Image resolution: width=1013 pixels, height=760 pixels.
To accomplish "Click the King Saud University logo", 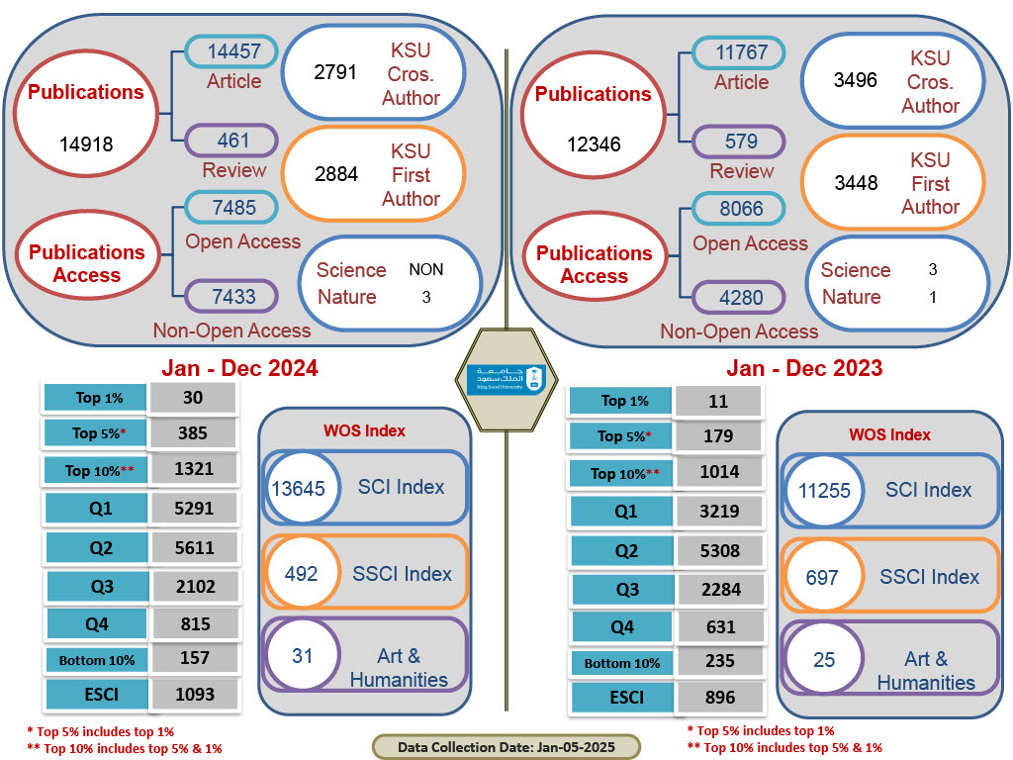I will click(x=506, y=378).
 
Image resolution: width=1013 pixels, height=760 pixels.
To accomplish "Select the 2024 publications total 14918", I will click(x=85, y=144).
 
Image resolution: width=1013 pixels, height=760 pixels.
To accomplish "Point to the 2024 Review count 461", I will click(x=232, y=141).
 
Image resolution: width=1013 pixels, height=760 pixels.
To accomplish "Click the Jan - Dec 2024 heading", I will click(x=239, y=368).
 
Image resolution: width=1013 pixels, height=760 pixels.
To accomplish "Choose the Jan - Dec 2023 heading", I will click(x=804, y=368).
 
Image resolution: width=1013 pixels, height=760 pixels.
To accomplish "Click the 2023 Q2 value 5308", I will click(x=720, y=550).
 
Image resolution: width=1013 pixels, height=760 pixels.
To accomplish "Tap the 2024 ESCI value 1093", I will click(x=194, y=694).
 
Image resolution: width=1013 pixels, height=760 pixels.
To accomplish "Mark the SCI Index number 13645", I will click(x=298, y=486).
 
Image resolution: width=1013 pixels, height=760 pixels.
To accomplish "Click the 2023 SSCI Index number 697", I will click(x=822, y=577).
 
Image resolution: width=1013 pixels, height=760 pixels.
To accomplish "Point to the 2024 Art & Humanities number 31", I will click(x=302, y=655).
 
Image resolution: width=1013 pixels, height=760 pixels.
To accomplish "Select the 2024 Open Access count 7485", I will click(x=233, y=208).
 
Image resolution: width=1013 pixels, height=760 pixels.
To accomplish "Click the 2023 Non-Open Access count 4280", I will click(x=740, y=297).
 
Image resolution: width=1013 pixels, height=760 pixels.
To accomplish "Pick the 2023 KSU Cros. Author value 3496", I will click(x=856, y=80).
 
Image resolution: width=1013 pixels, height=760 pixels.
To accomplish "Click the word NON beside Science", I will click(x=426, y=269).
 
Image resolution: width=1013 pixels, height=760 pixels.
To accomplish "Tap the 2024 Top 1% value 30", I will click(x=194, y=397).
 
